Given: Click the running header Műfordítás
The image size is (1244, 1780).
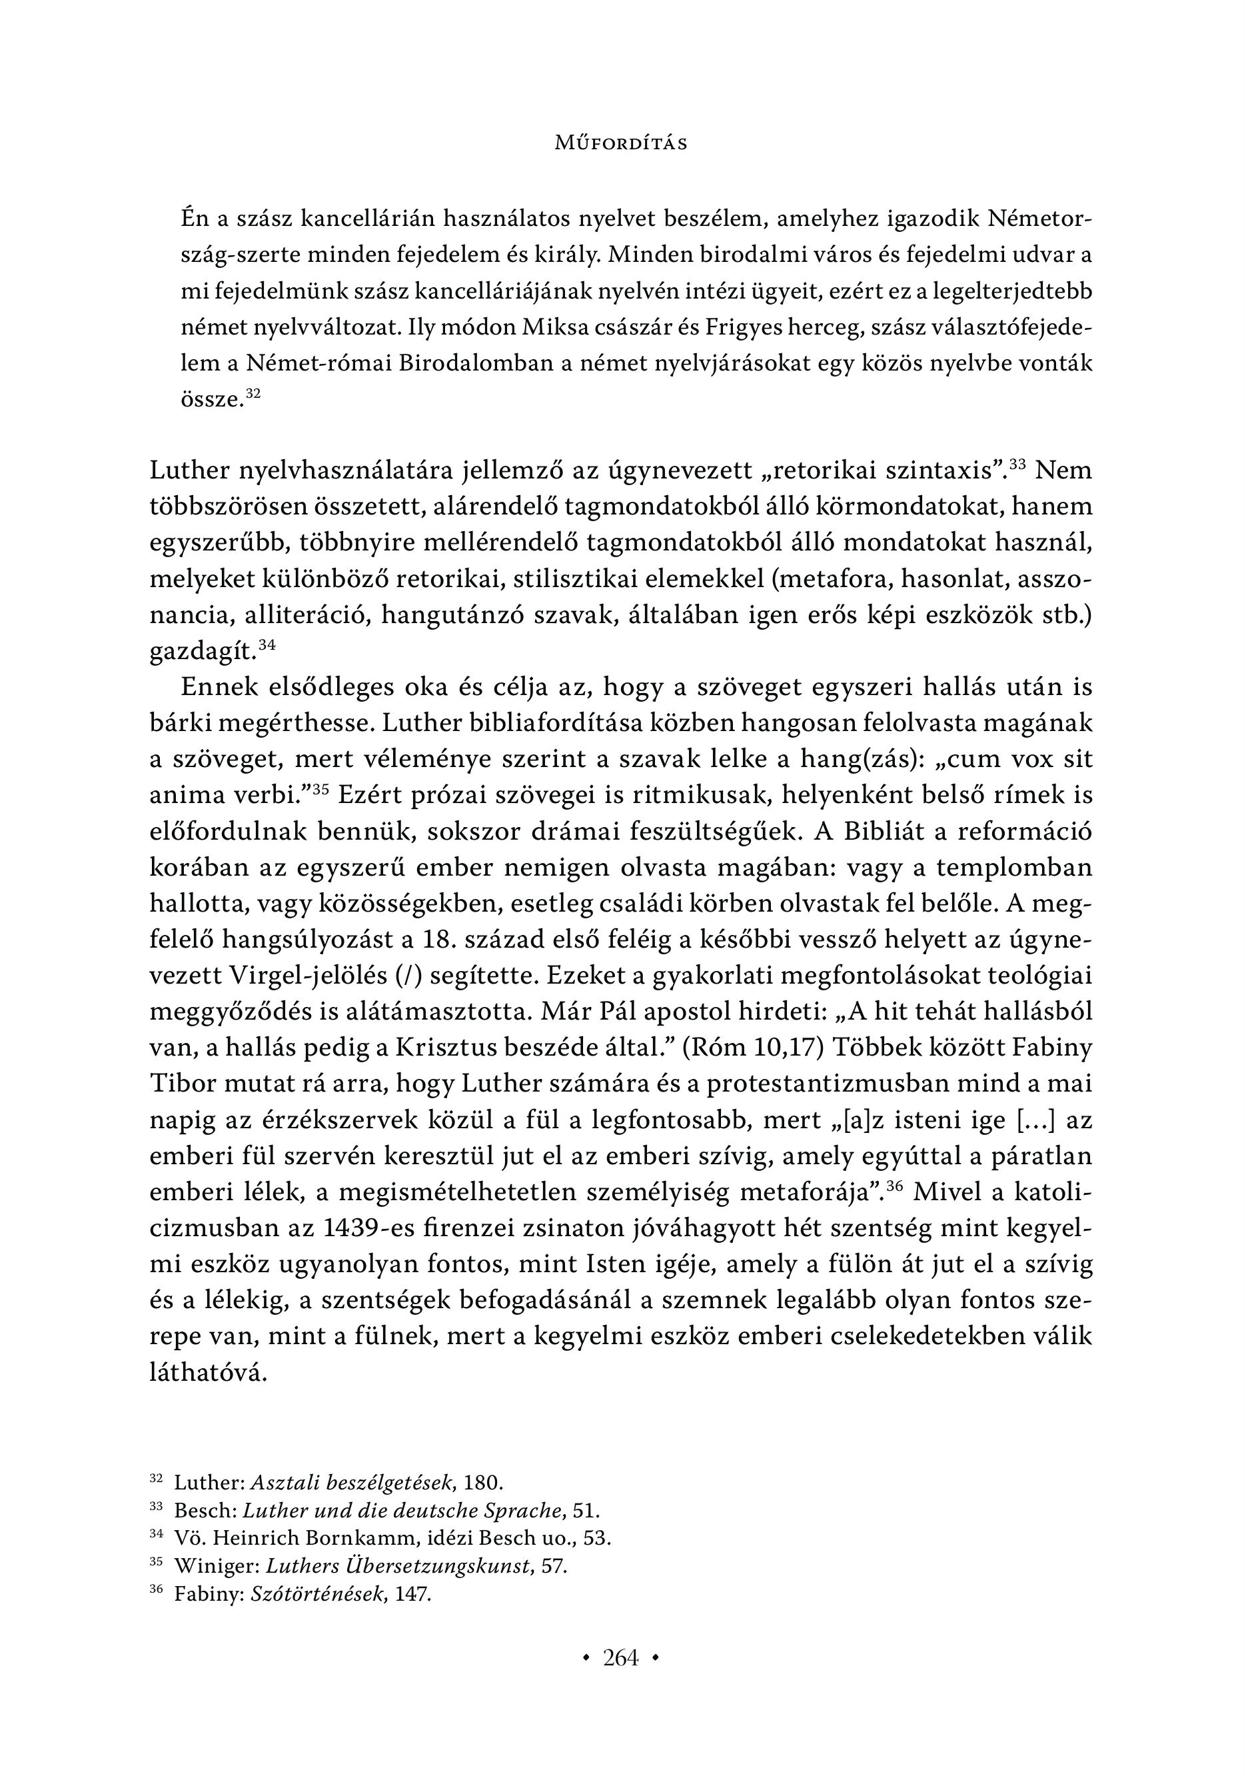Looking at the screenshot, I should pos(621,143).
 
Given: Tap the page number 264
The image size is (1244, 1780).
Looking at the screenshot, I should pos(621,1657).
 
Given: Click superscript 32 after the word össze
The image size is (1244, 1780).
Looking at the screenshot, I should pos(253,394).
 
